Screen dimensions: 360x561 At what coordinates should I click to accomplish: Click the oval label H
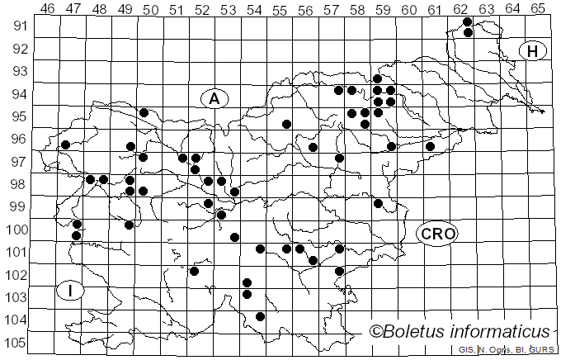tap(533, 51)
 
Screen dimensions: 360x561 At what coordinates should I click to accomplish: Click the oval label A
tap(214, 98)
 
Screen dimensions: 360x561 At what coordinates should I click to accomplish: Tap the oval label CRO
tap(436, 234)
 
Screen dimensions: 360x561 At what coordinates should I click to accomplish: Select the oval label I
tap(71, 291)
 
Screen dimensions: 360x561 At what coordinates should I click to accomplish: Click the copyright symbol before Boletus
tap(376, 332)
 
